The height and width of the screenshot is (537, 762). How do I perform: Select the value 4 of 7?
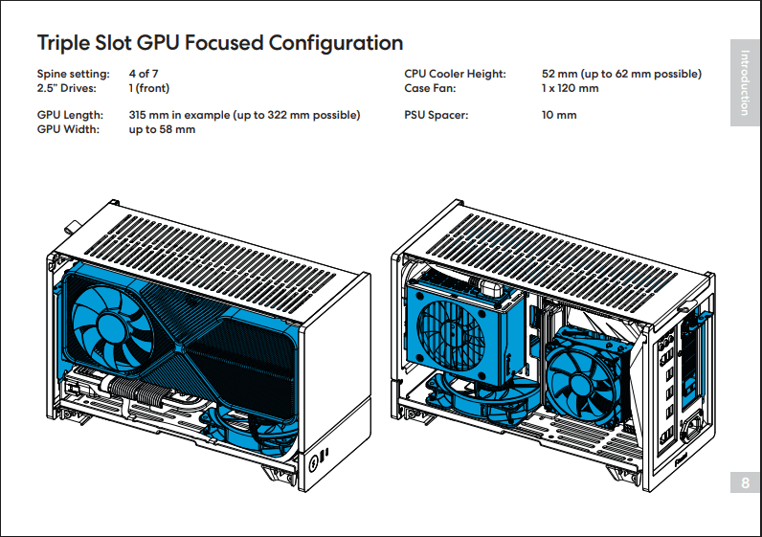(144, 74)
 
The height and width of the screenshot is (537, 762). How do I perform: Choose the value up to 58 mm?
(162, 129)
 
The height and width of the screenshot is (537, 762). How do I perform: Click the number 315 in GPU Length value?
(140, 115)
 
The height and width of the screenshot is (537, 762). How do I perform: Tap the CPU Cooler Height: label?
(455, 74)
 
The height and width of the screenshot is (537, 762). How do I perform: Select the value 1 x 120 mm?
(570, 88)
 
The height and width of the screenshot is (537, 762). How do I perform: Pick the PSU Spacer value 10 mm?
(559, 115)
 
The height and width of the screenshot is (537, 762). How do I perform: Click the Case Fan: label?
(430, 88)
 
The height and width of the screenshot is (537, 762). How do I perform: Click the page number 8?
(746, 484)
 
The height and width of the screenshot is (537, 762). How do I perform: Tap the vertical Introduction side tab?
(746, 83)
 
